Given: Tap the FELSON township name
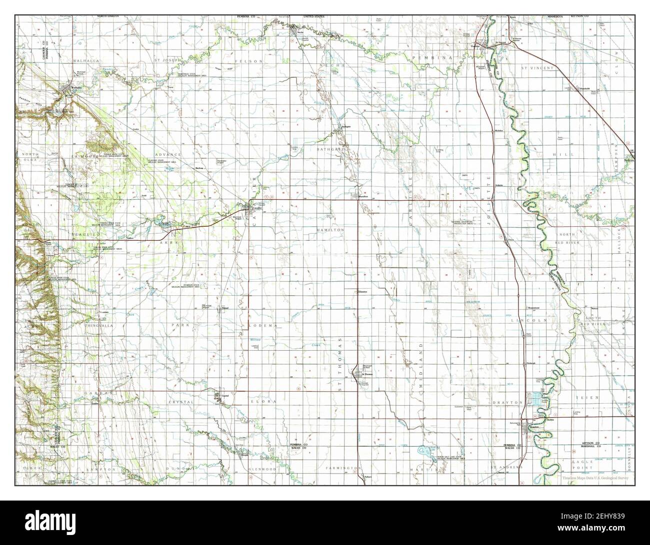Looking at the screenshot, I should [253, 61].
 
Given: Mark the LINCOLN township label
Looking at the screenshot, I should [538, 320].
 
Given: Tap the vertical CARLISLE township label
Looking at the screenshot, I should [410, 200].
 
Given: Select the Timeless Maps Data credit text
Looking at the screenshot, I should [595, 478].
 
